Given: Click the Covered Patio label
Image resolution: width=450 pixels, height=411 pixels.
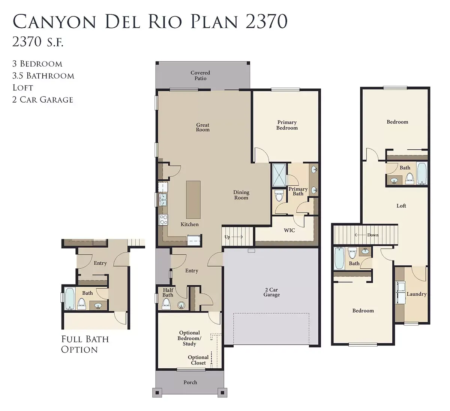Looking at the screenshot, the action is [200, 76].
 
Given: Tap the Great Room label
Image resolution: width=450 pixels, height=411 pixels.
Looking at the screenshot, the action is [202, 127].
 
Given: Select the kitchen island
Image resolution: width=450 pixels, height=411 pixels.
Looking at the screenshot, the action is [193, 200].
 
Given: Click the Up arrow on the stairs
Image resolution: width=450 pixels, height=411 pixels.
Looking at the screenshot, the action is [237, 237].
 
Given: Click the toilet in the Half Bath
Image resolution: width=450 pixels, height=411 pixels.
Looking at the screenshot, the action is [166, 304].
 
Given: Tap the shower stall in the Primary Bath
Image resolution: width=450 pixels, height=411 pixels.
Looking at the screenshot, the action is [279, 175].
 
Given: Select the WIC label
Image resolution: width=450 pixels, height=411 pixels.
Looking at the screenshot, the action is [289, 230].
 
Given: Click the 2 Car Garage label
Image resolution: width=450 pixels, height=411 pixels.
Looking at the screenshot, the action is [271, 292].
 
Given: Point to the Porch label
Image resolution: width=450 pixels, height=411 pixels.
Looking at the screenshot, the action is [190, 382].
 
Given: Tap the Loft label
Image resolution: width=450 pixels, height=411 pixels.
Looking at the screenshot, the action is [401, 206].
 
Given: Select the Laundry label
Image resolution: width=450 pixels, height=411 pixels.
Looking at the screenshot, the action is [417, 294].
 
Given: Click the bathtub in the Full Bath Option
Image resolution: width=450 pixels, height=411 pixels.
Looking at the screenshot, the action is [69, 299].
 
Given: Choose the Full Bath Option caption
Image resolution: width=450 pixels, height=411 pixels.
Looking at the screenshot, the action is [85, 344].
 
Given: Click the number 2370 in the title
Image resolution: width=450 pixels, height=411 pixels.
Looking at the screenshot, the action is [266, 21].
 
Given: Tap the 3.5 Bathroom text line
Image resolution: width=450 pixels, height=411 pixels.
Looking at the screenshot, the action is [43, 76].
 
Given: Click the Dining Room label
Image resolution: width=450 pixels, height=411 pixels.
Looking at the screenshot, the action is [241, 195].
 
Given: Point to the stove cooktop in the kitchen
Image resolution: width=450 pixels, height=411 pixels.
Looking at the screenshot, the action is [163, 219].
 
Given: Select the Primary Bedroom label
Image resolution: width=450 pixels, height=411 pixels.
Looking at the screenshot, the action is [287, 125].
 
